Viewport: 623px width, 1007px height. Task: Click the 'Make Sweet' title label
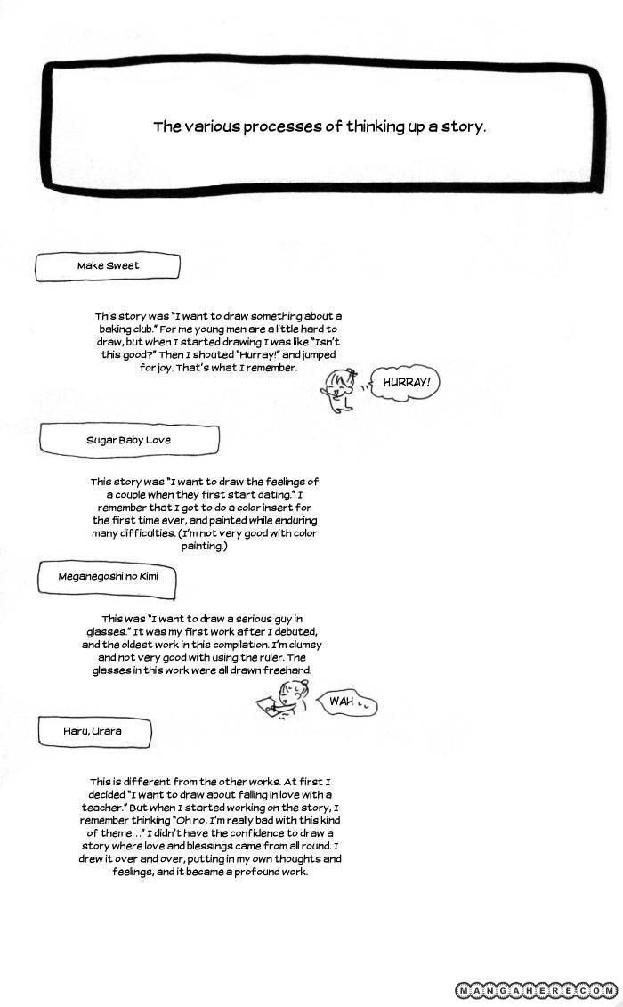pos(108,265)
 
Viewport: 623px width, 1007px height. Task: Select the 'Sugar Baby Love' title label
pos(128,440)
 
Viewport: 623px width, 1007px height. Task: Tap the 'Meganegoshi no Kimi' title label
pos(108,576)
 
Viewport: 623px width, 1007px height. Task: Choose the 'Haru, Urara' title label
pos(93,731)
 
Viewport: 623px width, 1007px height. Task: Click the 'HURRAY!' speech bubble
pos(406,383)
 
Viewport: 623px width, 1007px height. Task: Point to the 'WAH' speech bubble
pos(345,702)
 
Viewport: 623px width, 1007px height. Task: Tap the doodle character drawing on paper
pos(287,697)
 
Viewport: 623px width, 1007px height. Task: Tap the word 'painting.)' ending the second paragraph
pos(205,546)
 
